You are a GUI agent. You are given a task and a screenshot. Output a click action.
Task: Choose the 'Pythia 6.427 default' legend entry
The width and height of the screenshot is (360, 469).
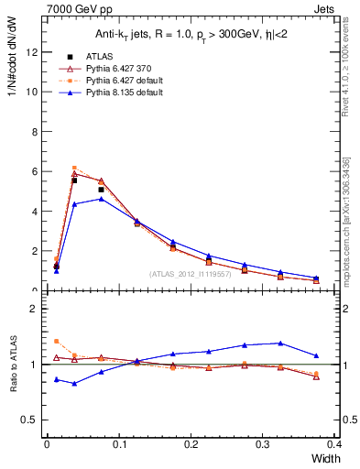click(105, 81)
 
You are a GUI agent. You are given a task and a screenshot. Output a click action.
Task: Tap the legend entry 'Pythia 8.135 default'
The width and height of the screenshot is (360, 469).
click(105, 93)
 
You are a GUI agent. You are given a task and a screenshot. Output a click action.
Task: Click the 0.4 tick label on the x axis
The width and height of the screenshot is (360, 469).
click(334, 443)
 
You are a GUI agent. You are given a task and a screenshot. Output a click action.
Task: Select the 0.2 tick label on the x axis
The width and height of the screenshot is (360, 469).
click(191, 443)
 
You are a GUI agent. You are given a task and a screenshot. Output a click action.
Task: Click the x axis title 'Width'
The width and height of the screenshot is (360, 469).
click(328, 458)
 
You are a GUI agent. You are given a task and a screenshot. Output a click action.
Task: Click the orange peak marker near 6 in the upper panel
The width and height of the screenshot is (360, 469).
click(74, 168)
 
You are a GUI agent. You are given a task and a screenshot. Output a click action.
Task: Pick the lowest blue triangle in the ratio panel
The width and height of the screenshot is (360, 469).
click(74, 383)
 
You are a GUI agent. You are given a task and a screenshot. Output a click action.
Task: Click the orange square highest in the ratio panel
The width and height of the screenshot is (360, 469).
click(57, 341)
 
